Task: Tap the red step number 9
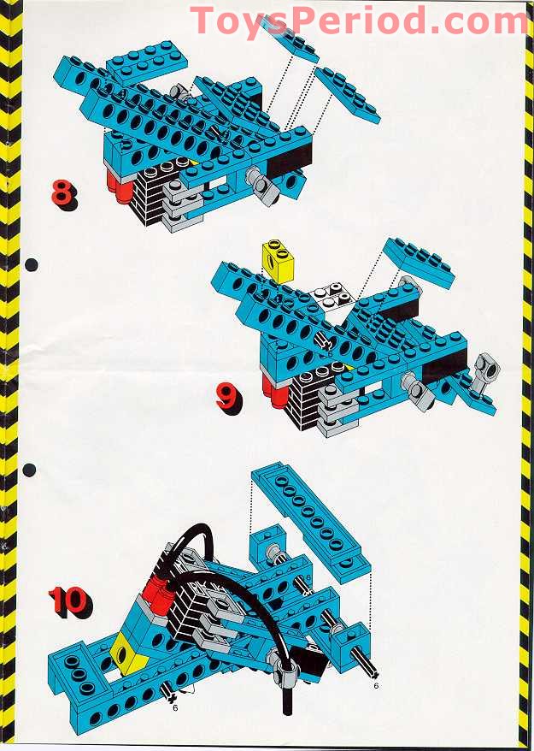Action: [x=228, y=396]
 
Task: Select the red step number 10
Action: [x=67, y=600]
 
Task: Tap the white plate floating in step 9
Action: [x=332, y=296]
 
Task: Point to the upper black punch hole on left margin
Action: [x=31, y=264]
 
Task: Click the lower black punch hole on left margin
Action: [x=31, y=469]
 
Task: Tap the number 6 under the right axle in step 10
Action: [x=375, y=685]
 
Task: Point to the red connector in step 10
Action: [x=158, y=589]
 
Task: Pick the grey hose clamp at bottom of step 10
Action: [x=284, y=662]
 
